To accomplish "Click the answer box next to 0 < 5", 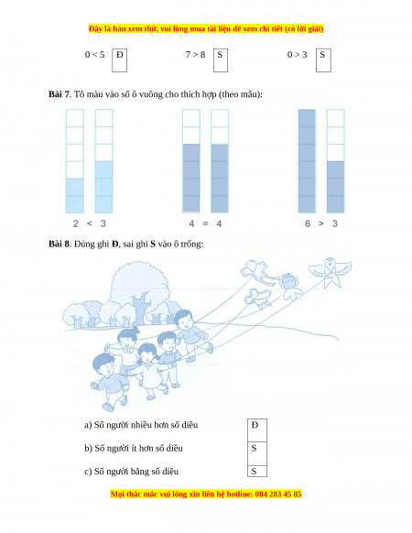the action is tap(120, 60).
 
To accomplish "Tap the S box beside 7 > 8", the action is tap(221, 60).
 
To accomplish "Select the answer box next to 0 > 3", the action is tap(323, 60).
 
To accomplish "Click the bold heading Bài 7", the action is tap(59, 94).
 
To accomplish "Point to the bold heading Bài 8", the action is tap(59, 244).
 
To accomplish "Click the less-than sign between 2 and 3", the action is tap(90, 223).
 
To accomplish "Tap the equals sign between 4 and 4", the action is tap(205, 223).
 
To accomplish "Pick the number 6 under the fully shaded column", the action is tap(308, 223).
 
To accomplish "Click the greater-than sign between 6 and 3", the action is tap(321, 223).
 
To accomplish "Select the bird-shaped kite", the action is tap(330, 271).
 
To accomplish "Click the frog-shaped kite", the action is tap(289, 286).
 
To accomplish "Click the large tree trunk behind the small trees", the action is tap(139, 308).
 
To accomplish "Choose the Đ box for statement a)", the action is tap(257, 430).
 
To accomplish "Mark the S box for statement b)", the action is tap(257, 453).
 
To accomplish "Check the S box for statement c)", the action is tap(257, 471).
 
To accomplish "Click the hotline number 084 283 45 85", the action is tap(278, 494).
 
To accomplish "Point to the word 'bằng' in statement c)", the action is tap(139, 472).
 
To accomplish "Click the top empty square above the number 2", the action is tap(75, 118).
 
